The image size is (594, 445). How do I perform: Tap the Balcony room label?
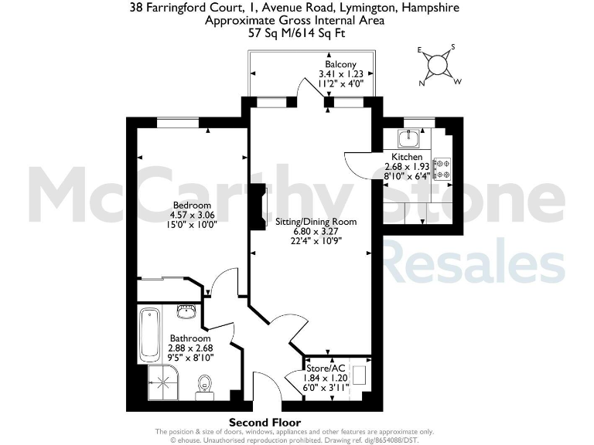(x=340, y=64)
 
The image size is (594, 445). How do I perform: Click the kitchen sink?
(x=408, y=138)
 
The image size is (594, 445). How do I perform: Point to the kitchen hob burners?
(x=443, y=169)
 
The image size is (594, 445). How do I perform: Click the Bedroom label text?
(x=192, y=205)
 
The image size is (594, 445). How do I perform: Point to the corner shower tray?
(x=163, y=381)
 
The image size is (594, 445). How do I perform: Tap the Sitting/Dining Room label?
(x=316, y=221)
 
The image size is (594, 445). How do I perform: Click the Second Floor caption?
(x=265, y=422)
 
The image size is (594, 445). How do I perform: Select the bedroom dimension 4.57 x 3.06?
(x=192, y=215)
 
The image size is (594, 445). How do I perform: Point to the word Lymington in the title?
(x=368, y=8)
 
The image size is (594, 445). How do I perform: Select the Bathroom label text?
(x=190, y=338)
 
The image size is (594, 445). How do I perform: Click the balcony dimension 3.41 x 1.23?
(x=340, y=74)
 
